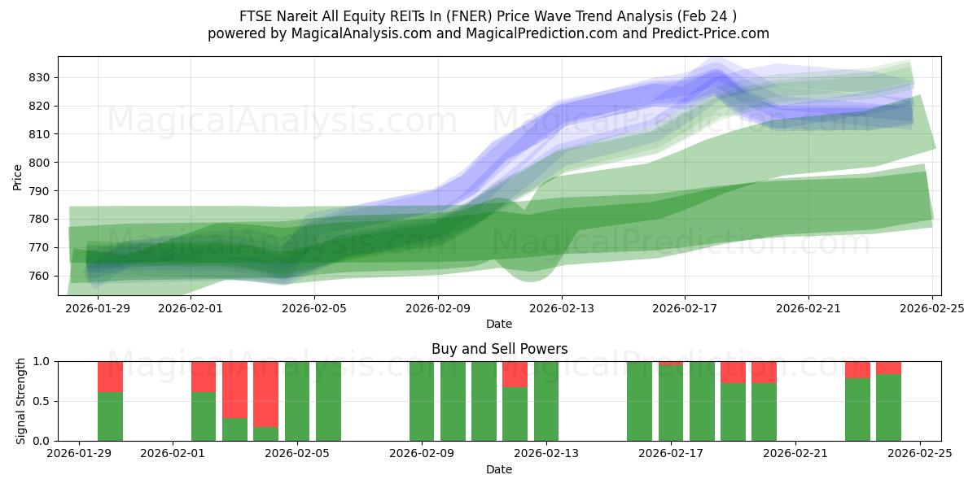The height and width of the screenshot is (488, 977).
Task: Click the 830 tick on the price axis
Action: point(42,77)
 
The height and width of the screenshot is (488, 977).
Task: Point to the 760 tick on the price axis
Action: point(42,276)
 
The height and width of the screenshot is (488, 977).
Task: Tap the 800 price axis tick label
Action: point(42,163)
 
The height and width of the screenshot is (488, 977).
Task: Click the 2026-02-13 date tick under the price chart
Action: point(561,308)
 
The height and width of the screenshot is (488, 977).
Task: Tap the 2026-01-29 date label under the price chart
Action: point(98,308)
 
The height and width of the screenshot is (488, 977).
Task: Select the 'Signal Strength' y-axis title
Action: point(21,401)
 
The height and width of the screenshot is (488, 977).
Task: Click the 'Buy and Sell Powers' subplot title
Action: point(499,349)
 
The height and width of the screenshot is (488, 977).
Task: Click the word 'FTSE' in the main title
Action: point(257,16)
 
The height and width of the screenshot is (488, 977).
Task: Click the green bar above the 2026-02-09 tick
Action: point(422,401)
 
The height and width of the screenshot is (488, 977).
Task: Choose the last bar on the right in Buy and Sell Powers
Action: point(888,407)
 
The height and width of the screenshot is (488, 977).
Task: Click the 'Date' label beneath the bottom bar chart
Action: point(499,469)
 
